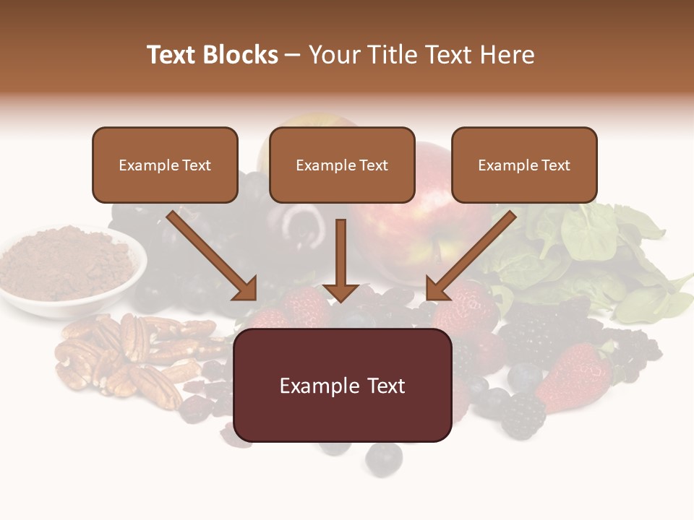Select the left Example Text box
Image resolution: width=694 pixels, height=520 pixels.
click(165, 165)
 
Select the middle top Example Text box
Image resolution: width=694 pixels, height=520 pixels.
click(342, 165)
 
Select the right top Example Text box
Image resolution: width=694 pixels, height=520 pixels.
click(524, 165)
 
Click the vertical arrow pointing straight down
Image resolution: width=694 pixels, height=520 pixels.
click(340, 256)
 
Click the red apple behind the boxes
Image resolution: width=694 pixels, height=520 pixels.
click(427, 217)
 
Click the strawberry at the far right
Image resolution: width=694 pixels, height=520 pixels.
click(575, 376)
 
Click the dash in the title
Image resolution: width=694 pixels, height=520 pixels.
click(293, 55)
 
